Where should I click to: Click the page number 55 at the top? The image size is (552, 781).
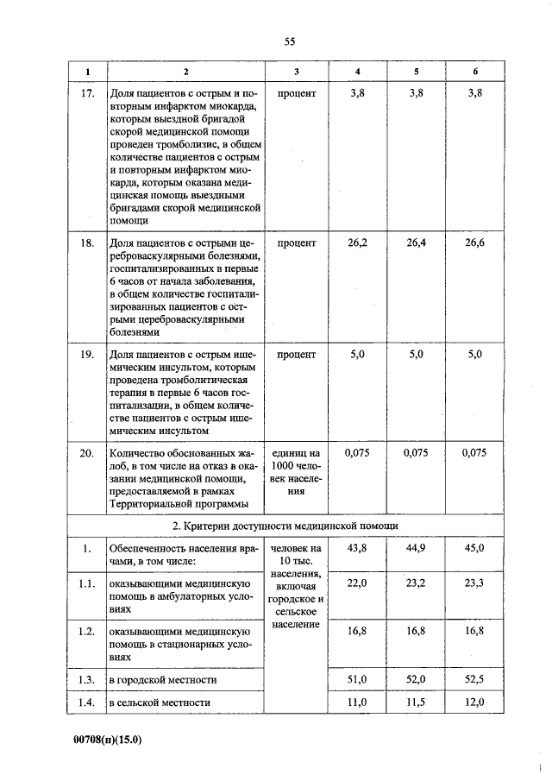[289, 41]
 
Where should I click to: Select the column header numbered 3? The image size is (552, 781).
[297, 71]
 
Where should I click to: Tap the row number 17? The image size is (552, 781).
[86, 92]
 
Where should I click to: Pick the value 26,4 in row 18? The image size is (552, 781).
[416, 243]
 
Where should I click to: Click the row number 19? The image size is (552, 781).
[86, 355]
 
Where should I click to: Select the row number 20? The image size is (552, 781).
[86, 451]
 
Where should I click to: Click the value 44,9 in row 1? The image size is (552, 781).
[416, 548]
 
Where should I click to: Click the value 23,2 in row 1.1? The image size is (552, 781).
[416, 584]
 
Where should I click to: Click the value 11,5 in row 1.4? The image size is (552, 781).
[416, 703]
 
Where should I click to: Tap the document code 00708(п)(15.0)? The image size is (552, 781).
[108, 740]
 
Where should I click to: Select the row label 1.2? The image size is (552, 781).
[86, 632]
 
